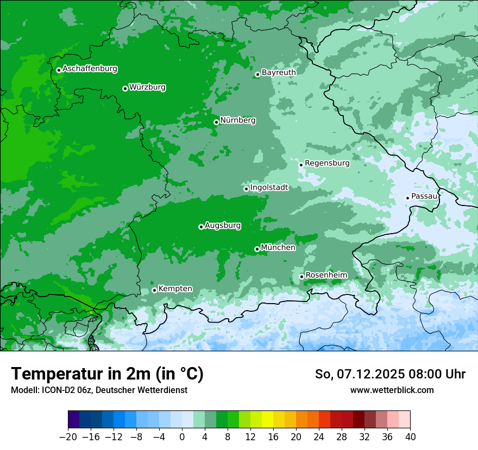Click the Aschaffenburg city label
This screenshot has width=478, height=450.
click(90, 69)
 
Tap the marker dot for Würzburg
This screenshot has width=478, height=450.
click(125, 88)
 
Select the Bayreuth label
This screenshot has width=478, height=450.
click(279, 72)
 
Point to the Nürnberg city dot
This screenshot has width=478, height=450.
click(216, 122)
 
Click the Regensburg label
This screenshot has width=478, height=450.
click(327, 163)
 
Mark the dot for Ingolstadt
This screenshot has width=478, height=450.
click(246, 189)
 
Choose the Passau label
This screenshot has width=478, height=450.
click(424, 196)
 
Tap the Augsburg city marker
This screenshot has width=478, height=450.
click(201, 227)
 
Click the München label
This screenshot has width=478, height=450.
click(278, 247)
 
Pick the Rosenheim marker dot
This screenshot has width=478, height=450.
click(301, 277)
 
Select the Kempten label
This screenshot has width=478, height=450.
click(175, 288)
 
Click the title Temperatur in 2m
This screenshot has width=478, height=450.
click(107, 374)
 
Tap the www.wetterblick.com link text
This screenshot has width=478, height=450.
click(392, 390)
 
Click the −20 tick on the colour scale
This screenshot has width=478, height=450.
click(68, 437)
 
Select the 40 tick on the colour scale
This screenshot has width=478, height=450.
click(410, 437)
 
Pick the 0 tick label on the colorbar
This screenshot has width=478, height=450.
click(182, 437)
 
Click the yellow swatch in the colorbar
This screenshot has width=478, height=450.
click(267, 420)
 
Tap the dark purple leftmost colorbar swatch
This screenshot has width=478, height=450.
click(73, 420)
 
